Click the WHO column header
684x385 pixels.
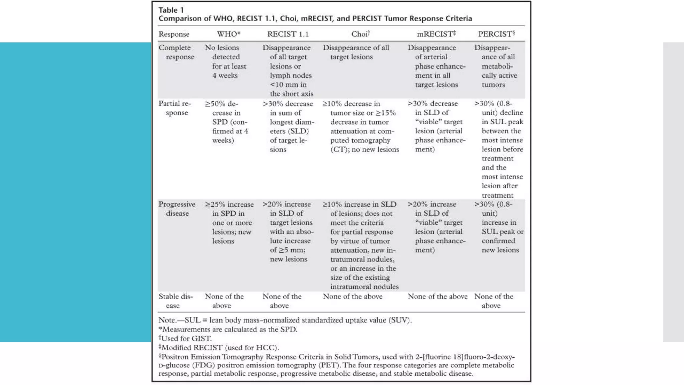tap(228, 34)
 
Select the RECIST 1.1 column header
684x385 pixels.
tap(288, 34)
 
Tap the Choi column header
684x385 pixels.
tap(360, 34)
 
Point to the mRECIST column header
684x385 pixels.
tap(436, 34)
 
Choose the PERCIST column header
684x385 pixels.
tap(496, 34)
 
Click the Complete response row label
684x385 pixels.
tap(176, 52)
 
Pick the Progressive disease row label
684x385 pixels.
tap(177, 209)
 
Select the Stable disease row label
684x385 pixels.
tap(175, 301)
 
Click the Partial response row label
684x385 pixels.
tap(175, 108)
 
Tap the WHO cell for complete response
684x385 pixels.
tap(226, 61)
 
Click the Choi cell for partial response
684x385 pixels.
tap(361, 126)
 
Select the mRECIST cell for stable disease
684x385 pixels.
tap(438, 296)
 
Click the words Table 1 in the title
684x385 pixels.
tap(171, 10)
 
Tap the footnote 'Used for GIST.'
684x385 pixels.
tap(186, 338)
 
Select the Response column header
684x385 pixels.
tap(174, 34)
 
